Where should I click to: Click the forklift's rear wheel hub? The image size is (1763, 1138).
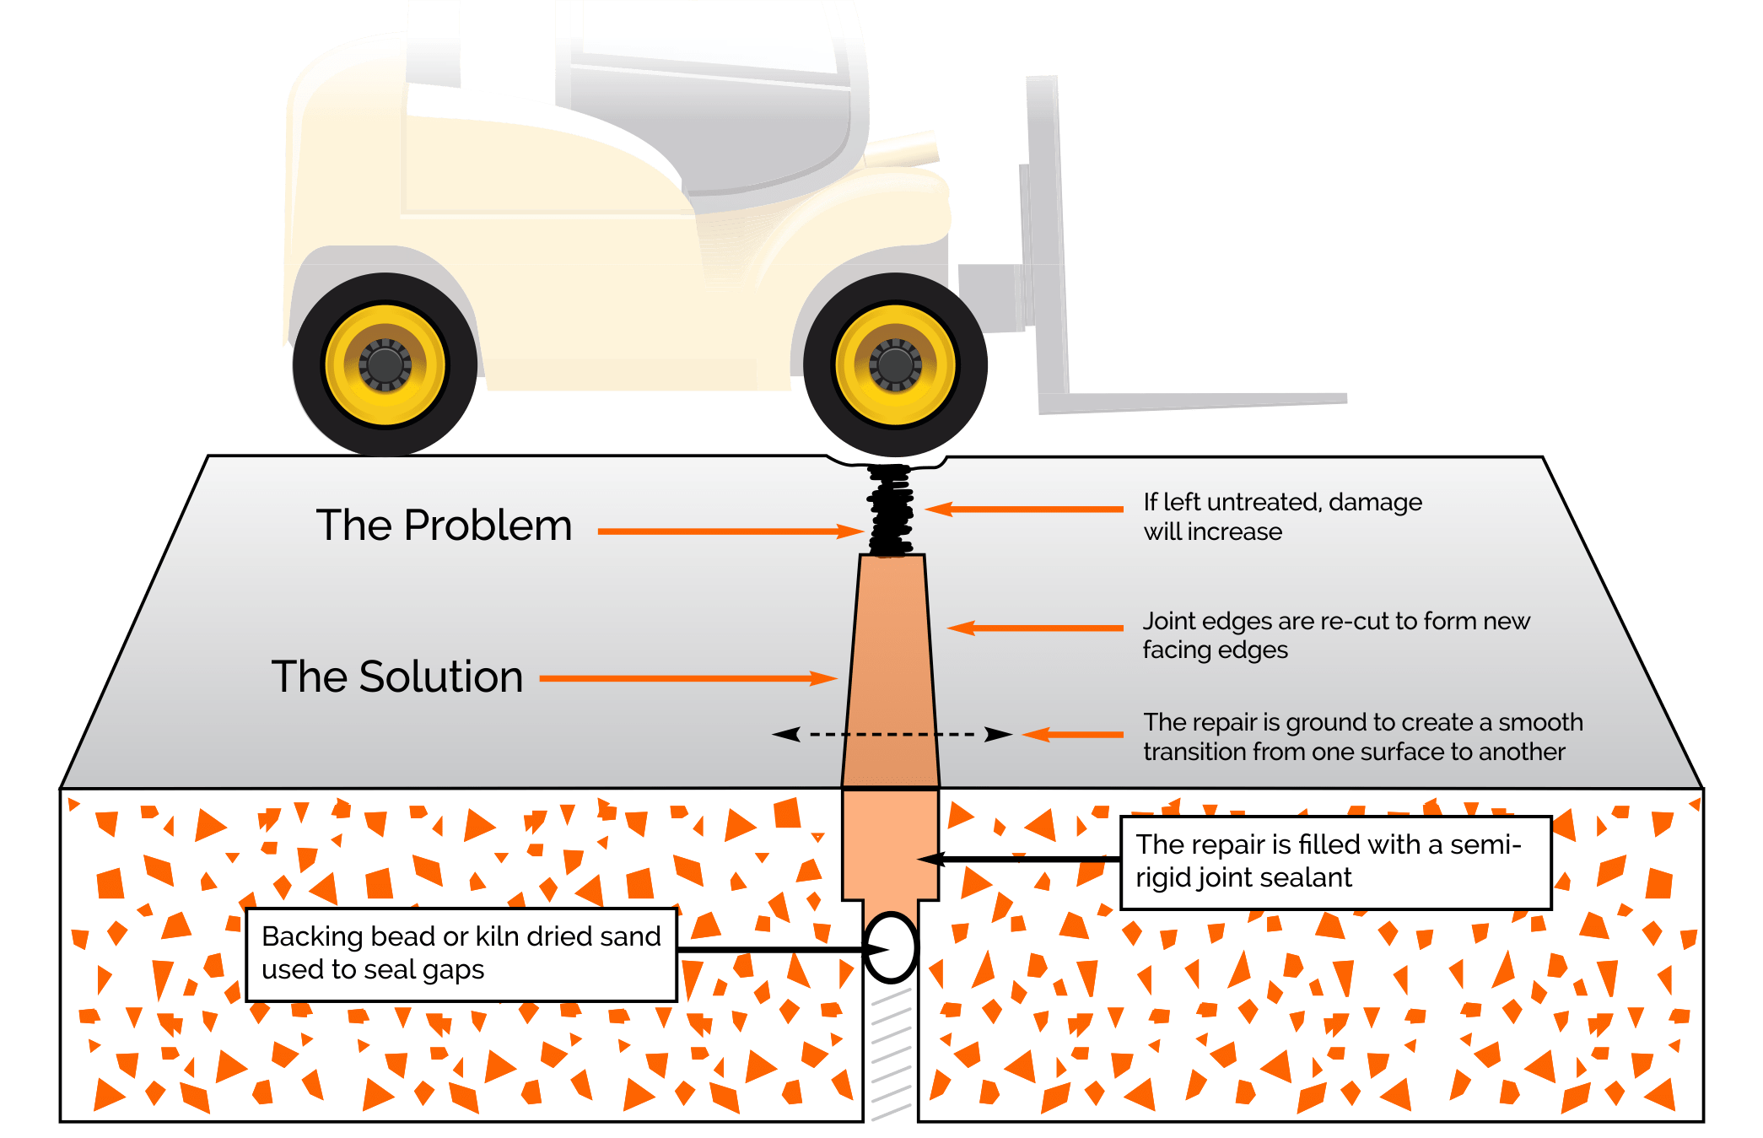[385, 364]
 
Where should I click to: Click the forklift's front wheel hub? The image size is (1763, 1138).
[895, 364]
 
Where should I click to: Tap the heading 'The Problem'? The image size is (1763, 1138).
[444, 526]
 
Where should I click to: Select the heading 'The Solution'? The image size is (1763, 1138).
[397, 677]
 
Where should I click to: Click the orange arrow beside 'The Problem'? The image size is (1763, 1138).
[731, 531]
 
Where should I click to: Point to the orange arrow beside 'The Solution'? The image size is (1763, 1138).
[687, 678]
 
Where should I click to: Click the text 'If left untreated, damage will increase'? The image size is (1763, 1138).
[1282, 516]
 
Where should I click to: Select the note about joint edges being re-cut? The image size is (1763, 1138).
[1335, 635]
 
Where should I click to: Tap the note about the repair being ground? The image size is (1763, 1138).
[1362, 736]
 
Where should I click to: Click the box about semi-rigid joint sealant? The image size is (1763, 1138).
[1335, 861]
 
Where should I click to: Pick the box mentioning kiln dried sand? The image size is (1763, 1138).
[461, 954]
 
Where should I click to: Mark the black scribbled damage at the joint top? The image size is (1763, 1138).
[891, 510]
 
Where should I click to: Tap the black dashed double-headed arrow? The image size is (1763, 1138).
[892, 734]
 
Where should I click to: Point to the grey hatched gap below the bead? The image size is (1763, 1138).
[891, 1054]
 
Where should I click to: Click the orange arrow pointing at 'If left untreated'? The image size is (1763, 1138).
[1024, 509]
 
